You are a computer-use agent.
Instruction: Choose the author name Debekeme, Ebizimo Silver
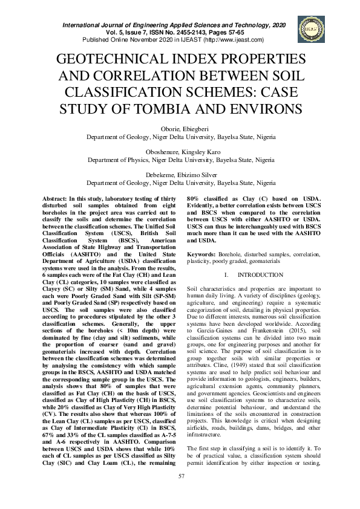[x=180, y=175]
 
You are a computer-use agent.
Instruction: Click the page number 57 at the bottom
[x=180, y=493]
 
